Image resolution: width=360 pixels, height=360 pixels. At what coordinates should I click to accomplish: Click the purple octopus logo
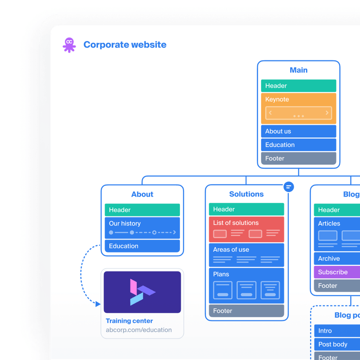pos(69,45)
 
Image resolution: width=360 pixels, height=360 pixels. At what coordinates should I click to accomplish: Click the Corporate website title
pos(125,45)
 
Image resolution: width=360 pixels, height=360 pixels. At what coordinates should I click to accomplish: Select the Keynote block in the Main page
pos(298,108)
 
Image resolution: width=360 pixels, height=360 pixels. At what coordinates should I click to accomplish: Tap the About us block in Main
pos(298,131)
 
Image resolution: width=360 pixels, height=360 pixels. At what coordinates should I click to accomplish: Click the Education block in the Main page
pos(298,145)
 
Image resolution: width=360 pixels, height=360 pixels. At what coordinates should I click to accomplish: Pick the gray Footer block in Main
pos(298,158)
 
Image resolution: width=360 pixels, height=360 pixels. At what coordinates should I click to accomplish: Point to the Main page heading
pos(298,70)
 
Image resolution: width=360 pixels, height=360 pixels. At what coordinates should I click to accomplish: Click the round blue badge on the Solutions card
pos(289,186)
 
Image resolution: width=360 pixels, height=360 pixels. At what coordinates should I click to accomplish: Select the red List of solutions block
pos(246,229)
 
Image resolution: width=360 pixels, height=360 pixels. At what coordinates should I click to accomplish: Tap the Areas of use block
pos(246,255)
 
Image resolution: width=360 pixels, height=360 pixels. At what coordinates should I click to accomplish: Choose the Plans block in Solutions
pos(246,285)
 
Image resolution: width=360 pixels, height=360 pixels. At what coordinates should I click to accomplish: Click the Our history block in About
pos(142,228)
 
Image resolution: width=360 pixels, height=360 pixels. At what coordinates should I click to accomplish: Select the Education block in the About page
pos(142,246)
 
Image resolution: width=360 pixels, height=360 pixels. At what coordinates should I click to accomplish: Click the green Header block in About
pos(142,210)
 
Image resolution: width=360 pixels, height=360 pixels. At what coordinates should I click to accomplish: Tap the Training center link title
pos(129,321)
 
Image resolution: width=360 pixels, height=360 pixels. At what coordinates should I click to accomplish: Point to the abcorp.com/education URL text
pos(139,330)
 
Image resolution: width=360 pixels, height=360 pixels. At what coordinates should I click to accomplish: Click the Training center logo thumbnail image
pos(142,292)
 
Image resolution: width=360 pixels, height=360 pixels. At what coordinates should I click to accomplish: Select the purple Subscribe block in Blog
pos(337,272)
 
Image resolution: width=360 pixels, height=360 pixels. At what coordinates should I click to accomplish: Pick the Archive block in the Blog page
pos(337,259)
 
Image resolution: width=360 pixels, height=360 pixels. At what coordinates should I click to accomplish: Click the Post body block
pos(337,344)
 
